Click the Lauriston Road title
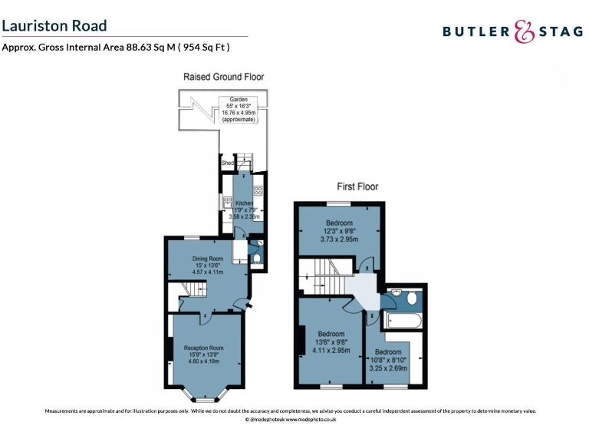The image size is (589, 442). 54,26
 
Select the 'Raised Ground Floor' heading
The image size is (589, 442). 223,77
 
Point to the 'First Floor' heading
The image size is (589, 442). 357,186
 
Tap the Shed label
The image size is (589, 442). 227,163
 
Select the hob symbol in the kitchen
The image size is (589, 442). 258,192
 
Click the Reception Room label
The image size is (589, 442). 203,354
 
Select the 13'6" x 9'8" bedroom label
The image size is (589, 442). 331,342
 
